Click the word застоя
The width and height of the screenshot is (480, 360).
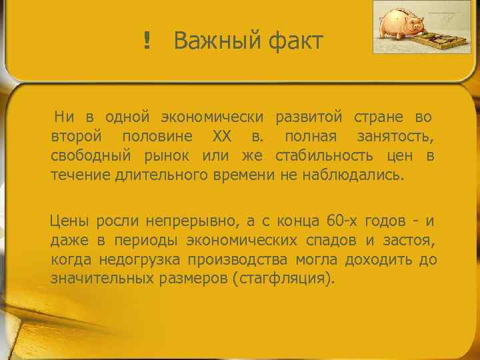(408, 241)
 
